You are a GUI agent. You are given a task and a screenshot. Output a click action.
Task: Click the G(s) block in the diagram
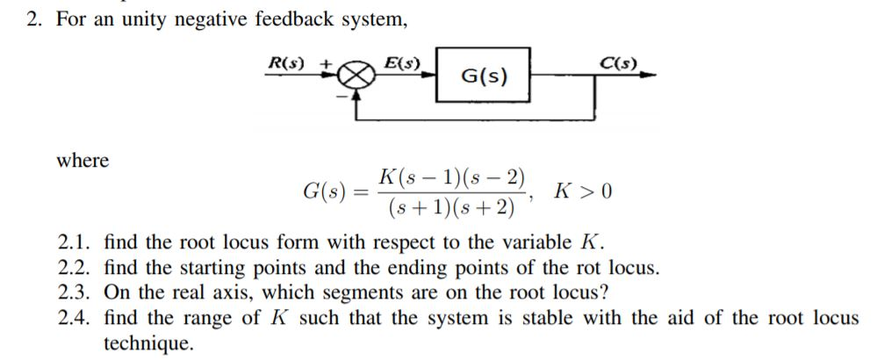coord(483,76)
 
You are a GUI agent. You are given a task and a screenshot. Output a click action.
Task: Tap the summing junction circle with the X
coord(356,77)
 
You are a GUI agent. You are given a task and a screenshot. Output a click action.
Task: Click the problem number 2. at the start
coord(35,19)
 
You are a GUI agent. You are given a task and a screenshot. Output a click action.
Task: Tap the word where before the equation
coord(83,161)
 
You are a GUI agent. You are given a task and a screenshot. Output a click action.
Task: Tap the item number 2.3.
coord(74,292)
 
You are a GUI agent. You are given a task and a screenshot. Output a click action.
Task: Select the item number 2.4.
coord(74,317)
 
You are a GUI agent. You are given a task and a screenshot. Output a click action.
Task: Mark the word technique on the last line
coord(147,342)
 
